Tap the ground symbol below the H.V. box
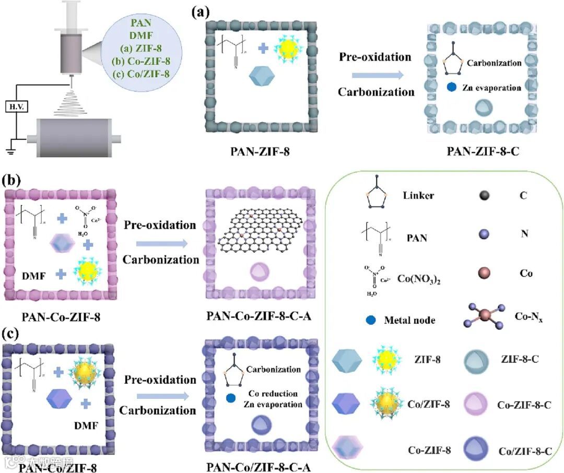coord(10,152)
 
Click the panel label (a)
coord(203,12)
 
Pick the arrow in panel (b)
coord(160,242)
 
